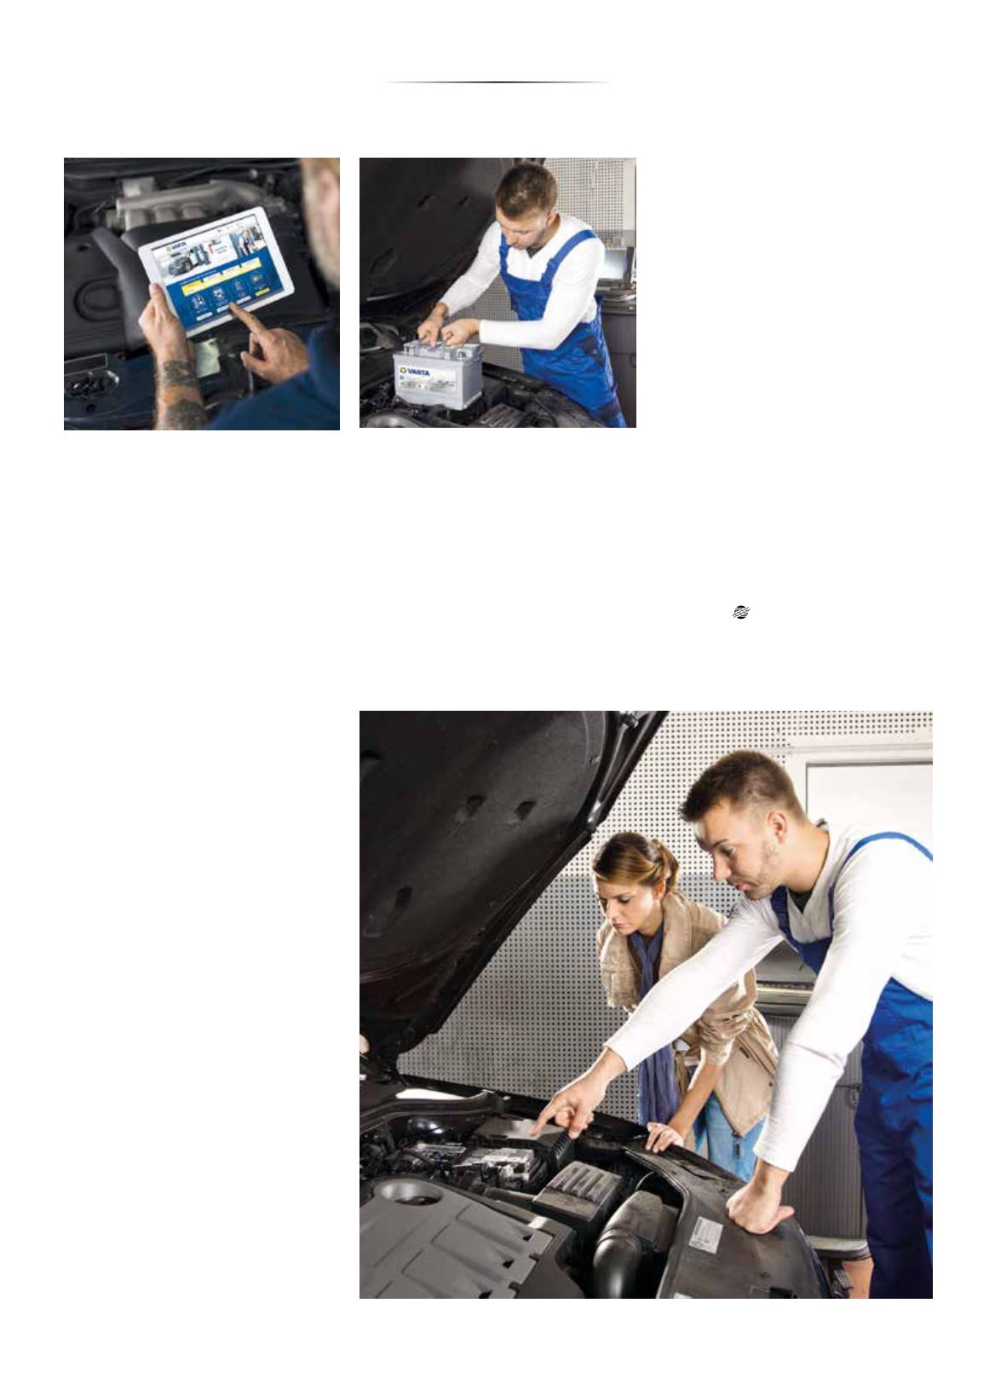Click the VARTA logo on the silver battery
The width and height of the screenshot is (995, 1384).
[x=415, y=372]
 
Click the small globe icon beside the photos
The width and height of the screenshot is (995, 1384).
[x=740, y=612]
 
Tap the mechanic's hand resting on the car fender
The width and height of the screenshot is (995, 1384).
[x=757, y=1206]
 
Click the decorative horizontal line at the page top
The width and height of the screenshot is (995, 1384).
[x=497, y=83]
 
